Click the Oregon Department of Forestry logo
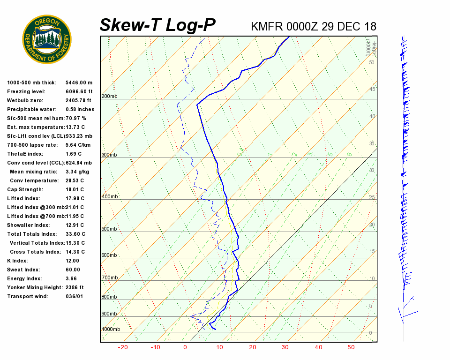(47, 39)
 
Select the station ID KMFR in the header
(267, 26)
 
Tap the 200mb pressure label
(109, 96)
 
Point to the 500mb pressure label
(109, 229)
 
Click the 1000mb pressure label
(111, 329)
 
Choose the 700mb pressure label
(109, 277)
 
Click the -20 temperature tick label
(123, 347)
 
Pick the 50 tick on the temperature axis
(351, 347)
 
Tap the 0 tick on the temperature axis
(185, 347)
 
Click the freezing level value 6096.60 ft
(79, 91)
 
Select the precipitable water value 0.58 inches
(80, 109)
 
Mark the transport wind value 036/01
(75, 296)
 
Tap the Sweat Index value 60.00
(73, 270)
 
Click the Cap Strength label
(25, 189)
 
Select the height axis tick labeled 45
(372, 89)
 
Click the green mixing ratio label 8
(349, 154)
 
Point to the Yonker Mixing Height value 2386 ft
(75, 287)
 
